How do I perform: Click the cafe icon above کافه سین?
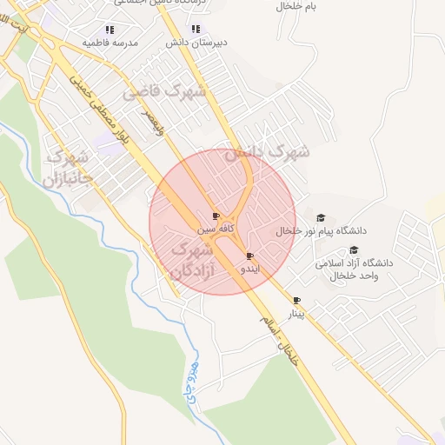[216, 216]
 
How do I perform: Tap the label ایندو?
[249, 269]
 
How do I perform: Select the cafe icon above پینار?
[297, 300]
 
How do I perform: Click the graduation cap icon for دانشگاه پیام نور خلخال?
[320, 217]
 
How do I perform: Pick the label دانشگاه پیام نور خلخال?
[322, 231]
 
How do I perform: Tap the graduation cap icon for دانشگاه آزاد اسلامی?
[353, 249]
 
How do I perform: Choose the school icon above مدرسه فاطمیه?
[110, 29]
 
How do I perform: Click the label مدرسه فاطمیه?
[110, 42]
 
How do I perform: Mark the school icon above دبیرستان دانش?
[196, 29]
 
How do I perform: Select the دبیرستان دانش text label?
[196, 42]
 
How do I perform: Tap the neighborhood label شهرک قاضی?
[164, 91]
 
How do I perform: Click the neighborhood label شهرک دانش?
[268, 152]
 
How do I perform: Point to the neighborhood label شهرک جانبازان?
[65, 169]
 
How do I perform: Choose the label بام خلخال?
[297, 6]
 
